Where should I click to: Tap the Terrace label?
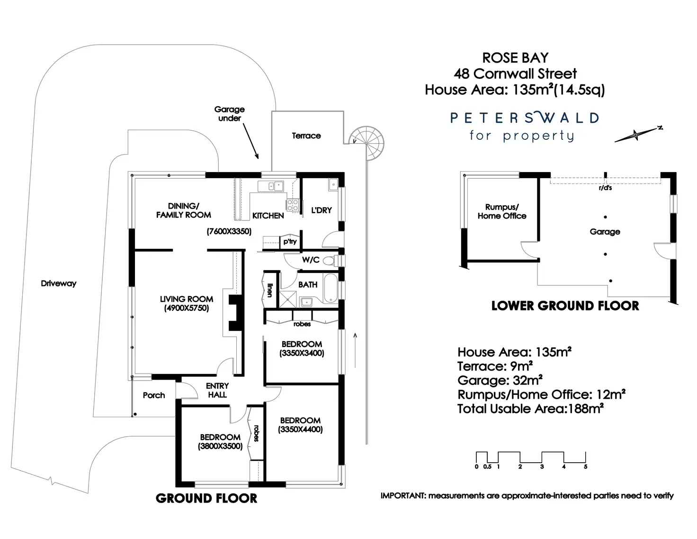[x=306, y=136]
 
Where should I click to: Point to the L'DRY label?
[x=322, y=210]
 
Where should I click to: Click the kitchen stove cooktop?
[x=292, y=205]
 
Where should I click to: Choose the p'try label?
[x=290, y=242]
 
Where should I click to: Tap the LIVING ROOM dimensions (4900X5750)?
[x=187, y=308]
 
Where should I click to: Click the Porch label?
[x=154, y=395]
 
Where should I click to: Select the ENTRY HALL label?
[x=217, y=390]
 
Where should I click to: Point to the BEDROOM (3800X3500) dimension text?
[x=220, y=446]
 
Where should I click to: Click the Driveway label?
[x=59, y=283]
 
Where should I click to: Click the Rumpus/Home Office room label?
[x=502, y=211]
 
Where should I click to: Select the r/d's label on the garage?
[x=605, y=188]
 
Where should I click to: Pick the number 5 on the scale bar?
[x=586, y=467]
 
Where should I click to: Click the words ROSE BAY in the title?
[x=515, y=58]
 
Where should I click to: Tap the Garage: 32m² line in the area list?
[x=500, y=380]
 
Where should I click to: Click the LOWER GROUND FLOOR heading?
[x=565, y=306]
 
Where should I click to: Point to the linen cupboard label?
[x=269, y=290]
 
